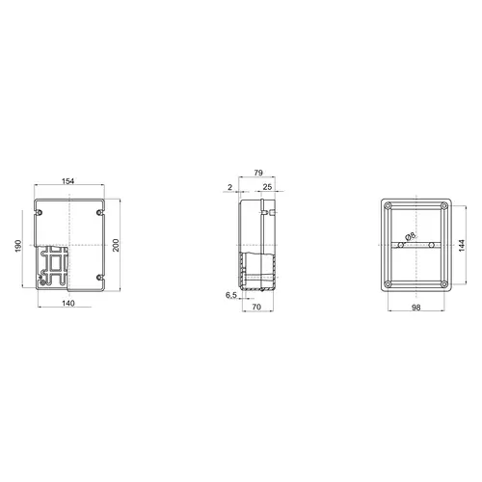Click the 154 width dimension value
coord(67,181)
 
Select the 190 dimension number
coord(18,246)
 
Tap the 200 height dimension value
coord(116,245)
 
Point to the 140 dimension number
coord(68,303)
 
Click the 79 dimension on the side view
coord(258,173)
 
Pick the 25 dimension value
coord(267,187)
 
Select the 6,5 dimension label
coord(231,295)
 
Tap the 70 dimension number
coord(256,307)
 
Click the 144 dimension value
coord(462,246)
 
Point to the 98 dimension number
coord(416,308)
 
